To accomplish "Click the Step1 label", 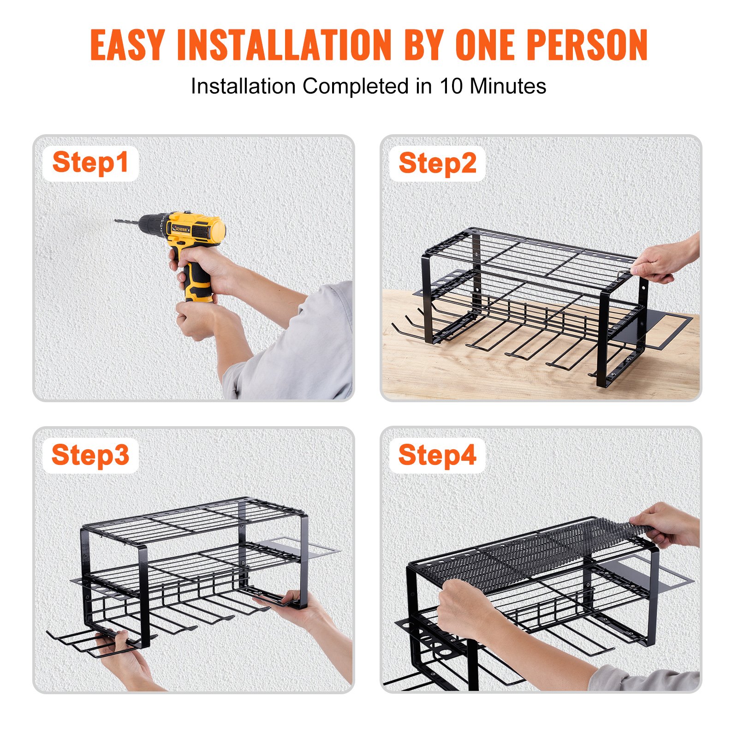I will tap(90, 163).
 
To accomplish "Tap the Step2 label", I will tap(437, 163).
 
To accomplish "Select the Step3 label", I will tap(90, 455).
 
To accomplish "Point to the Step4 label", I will tap(437, 455).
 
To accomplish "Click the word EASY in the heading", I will tap(127, 45).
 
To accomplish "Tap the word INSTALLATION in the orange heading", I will tap(284, 45).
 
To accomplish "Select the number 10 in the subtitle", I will tap(451, 86).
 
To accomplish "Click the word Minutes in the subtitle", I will tap(507, 86).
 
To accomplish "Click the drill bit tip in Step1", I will tap(116, 221).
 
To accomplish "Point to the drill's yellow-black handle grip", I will tap(196, 281).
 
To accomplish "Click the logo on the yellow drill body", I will tap(178, 228).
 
